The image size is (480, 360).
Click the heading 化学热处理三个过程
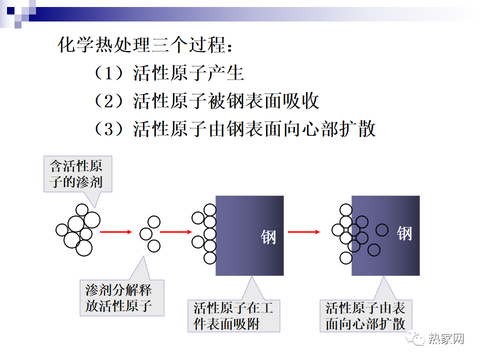pos(145,45)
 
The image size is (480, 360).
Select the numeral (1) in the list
pos(108,73)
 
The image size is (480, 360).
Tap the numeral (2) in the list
pos(108,101)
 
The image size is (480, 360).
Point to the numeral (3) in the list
pos(108,128)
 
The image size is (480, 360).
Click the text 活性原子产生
pos(188,73)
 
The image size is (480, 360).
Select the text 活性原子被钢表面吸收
pos(226,101)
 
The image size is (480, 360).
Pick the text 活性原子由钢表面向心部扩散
pos(254,128)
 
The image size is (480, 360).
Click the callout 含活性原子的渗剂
pos(78,174)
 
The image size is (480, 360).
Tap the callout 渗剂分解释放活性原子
pos(122,298)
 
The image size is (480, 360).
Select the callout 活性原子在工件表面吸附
pos(234,315)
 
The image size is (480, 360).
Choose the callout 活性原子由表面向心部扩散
pos(366,315)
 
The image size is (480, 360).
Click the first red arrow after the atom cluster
pos(115,232)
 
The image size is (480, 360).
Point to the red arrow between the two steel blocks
pos(303,232)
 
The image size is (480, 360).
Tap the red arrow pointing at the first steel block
pos(175,232)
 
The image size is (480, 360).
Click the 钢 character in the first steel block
pos(268,237)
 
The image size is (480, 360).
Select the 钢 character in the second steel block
pos(404,233)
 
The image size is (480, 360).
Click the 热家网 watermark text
pos(446,338)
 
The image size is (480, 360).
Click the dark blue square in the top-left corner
pos(10,10)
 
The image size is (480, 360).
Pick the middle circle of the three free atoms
pos(146,234)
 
